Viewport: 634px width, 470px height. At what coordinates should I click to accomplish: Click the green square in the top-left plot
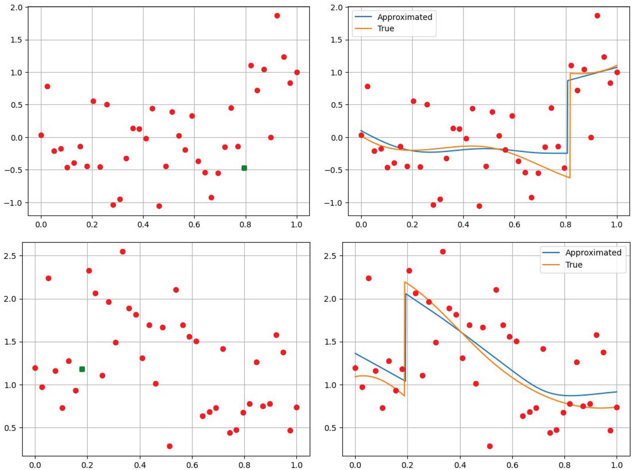click(x=244, y=168)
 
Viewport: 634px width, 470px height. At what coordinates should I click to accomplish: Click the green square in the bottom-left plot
click(x=82, y=369)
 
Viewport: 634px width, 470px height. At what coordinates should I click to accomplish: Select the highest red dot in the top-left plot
click(x=277, y=16)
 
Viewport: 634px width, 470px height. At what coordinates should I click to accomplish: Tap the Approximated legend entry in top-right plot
click(x=404, y=17)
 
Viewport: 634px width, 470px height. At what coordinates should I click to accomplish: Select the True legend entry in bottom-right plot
click(x=574, y=265)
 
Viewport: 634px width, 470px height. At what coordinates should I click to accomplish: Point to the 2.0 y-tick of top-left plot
click(x=16, y=7)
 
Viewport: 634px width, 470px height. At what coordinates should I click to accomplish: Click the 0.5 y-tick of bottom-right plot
click(x=331, y=428)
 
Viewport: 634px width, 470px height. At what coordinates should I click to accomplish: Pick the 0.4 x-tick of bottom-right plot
click(x=460, y=465)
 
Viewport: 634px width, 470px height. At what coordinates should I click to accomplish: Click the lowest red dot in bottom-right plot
click(x=490, y=446)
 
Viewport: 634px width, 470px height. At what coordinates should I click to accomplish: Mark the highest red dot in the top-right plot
click(x=597, y=16)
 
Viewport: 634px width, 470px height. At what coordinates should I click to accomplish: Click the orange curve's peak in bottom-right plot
click(x=405, y=282)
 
